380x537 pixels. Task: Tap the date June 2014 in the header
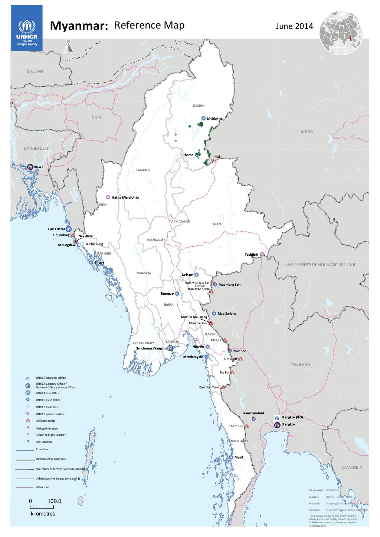[294, 26]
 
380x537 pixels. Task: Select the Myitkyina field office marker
[203, 118]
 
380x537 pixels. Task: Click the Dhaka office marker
[30, 167]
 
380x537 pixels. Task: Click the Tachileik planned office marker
[262, 255]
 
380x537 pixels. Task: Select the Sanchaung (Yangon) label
[151, 349]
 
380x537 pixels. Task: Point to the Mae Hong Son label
[229, 285]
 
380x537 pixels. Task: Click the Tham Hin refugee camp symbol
[247, 426]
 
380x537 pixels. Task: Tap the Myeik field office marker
[231, 458]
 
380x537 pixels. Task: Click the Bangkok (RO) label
[292, 417]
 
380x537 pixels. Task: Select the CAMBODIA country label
[351, 467]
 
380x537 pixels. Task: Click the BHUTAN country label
[35, 71]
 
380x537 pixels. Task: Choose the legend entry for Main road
[43, 487]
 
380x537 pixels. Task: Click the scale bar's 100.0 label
[54, 501]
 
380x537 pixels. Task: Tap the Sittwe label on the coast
[99, 262]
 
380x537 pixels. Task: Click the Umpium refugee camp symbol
[241, 359]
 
